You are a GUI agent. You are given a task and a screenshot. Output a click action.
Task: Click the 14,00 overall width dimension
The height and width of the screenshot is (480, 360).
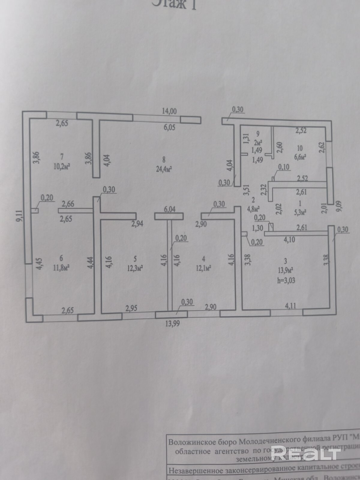tap(169, 111)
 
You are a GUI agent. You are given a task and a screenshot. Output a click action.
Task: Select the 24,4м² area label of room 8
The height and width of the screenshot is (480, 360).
tap(163, 169)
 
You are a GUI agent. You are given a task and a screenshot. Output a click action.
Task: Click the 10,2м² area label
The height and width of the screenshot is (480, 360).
tap(62, 166)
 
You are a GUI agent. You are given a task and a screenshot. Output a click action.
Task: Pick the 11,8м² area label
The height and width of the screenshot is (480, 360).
tap(61, 268)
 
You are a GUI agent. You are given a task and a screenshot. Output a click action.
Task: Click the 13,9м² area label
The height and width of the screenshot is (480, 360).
tap(285, 271)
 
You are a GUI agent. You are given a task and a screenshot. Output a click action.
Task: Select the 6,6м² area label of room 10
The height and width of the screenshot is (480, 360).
tap(299, 157)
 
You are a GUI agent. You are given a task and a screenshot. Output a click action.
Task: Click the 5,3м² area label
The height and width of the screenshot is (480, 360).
tap(300, 213)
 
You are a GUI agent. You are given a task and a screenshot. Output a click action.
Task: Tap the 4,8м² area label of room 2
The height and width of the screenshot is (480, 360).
tap(253, 208)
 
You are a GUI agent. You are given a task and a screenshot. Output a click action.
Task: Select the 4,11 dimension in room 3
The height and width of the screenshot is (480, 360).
tap(290, 306)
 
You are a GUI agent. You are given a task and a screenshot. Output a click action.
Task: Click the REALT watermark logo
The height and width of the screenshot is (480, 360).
tap(306, 453)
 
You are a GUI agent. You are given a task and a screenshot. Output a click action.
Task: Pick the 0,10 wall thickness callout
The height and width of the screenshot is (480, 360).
tap(284, 167)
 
